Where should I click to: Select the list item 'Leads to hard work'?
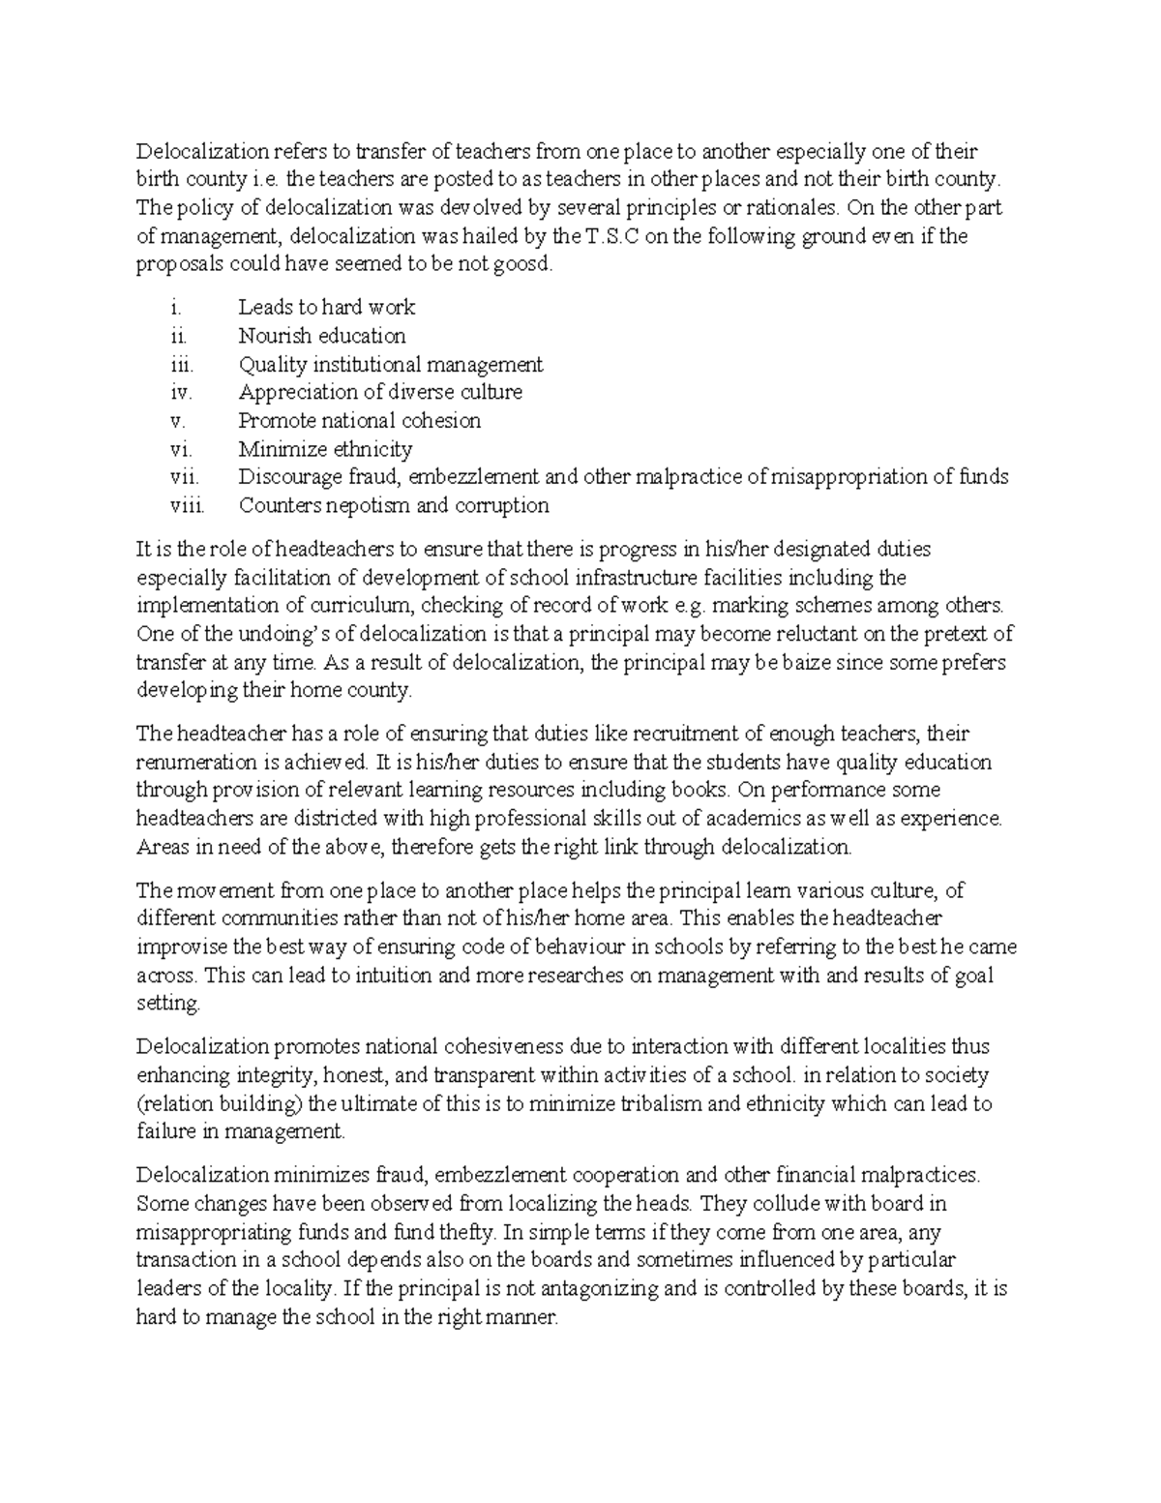click(326, 308)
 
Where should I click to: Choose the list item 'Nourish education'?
click(321, 336)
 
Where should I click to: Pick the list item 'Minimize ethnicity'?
click(325, 449)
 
